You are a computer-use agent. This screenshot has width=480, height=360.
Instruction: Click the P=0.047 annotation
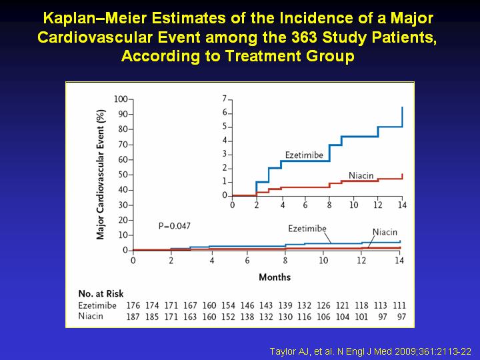[175, 226]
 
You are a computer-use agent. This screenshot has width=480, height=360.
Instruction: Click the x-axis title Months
[275, 277]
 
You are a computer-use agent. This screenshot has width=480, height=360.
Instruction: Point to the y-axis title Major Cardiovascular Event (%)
[101, 175]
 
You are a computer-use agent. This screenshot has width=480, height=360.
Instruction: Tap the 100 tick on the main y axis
[121, 99]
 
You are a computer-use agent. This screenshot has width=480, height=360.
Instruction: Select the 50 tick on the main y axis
[123, 175]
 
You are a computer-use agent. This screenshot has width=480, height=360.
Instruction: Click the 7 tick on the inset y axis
[225, 99]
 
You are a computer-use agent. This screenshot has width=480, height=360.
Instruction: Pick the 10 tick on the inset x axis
[353, 205]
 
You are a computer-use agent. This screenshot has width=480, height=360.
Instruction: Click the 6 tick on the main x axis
[247, 261]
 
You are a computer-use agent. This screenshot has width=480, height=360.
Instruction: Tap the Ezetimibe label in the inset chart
[304, 155]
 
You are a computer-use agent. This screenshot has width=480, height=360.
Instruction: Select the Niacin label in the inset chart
[361, 175]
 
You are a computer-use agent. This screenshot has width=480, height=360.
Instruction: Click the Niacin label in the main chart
[385, 232]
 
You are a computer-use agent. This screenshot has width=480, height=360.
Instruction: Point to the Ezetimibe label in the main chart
[307, 229]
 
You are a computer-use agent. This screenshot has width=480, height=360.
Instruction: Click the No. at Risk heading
[101, 293]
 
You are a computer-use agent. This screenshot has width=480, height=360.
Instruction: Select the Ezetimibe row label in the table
[97, 305]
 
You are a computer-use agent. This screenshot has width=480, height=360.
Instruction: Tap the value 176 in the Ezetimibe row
[133, 305]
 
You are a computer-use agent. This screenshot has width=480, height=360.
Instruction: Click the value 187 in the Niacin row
[133, 317]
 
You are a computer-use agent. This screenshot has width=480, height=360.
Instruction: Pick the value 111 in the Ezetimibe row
[399, 305]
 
